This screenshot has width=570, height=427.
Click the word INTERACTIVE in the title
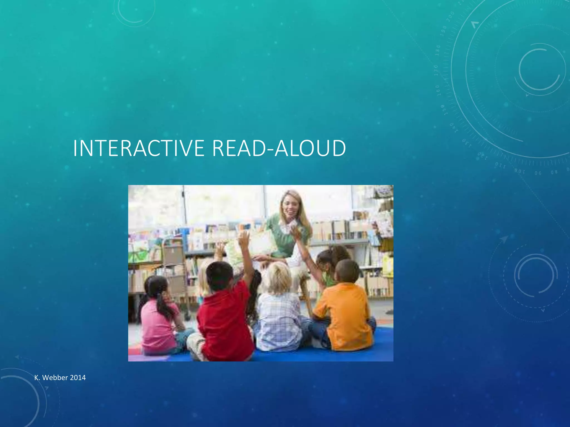point(139,148)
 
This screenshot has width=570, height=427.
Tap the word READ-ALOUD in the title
point(279,148)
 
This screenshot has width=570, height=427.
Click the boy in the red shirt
point(224,314)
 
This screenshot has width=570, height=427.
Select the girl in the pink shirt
point(159,320)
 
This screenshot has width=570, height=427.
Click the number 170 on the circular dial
point(436,70)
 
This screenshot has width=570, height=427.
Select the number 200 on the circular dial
point(450,17)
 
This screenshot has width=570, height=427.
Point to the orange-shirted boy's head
point(347,271)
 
